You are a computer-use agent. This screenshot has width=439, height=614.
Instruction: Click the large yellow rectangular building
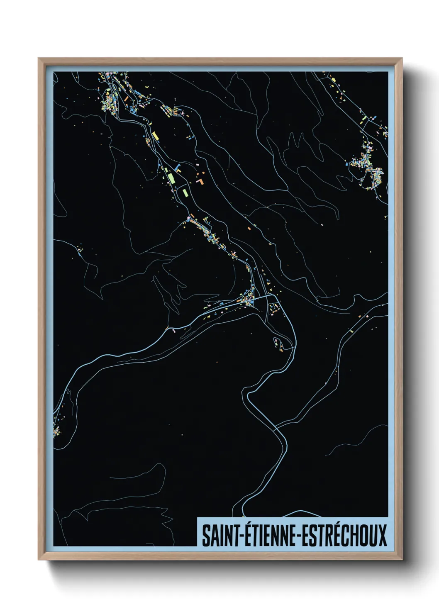coord(156,136)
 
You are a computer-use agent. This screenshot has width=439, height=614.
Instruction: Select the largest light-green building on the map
coord(171,178)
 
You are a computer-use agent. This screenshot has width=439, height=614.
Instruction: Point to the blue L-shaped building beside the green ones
coord(178,168)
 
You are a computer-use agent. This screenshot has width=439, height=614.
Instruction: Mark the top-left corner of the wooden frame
coord(39,58)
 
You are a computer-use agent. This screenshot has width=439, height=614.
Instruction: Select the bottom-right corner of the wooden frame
coord(402,560)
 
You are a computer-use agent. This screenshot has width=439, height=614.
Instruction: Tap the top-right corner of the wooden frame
coord(402,58)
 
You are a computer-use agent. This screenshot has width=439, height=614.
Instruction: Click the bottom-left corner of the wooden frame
coord(39,560)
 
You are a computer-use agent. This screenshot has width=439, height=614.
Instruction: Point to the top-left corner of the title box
coord(197,517)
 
